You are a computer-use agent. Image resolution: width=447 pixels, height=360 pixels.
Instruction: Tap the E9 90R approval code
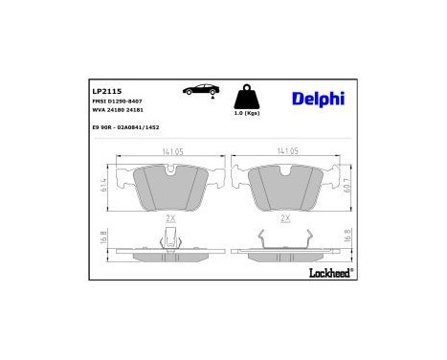coord(125,127)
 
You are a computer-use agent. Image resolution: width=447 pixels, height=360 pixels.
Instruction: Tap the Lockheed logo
coord(331,272)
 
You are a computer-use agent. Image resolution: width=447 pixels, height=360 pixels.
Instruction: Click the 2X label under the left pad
coord(171,218)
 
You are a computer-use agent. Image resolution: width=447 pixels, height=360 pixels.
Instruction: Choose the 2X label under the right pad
coord(284,218)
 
